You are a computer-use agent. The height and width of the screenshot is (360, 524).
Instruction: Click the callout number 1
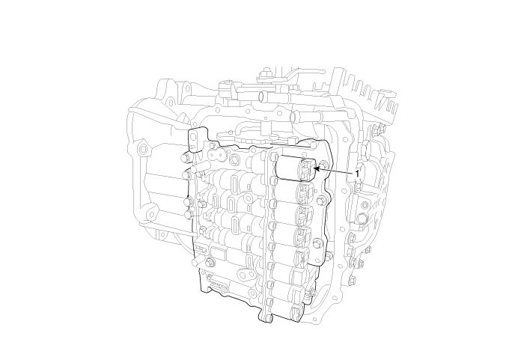(357, 174)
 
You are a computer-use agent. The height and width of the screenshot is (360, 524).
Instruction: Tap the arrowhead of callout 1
(317, 168)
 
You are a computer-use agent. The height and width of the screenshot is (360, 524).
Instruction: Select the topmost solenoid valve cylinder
(288, 167)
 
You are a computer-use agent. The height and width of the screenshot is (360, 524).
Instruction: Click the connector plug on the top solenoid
(308, 168)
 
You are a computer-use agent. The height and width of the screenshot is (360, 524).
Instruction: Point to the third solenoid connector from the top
(305, 214)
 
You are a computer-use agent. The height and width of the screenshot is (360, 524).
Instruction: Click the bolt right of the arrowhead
(323, 164)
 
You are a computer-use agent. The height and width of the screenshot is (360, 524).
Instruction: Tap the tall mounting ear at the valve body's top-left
(198, 139)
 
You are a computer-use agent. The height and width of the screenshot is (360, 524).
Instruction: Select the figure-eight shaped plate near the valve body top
(217, 155)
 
